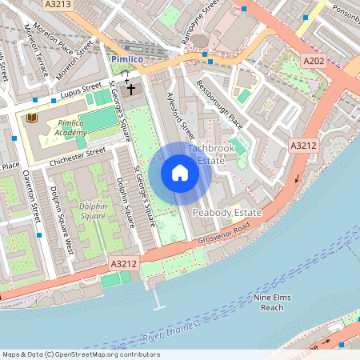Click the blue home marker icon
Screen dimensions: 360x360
click(x=180, y=173)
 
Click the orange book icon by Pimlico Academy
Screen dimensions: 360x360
click(x=32, y=118)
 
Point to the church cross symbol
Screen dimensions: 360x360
click(x=130, y=90)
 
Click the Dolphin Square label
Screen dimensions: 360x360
click(x=93, y=210)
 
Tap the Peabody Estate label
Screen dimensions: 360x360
click(x=227, y=213)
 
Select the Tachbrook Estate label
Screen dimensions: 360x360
click(x=210, y=154)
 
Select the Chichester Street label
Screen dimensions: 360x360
click(x=78, y=155)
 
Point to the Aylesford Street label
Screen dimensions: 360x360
click(x=178, y=114)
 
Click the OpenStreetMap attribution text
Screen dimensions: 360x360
click(x=81, y=354)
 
